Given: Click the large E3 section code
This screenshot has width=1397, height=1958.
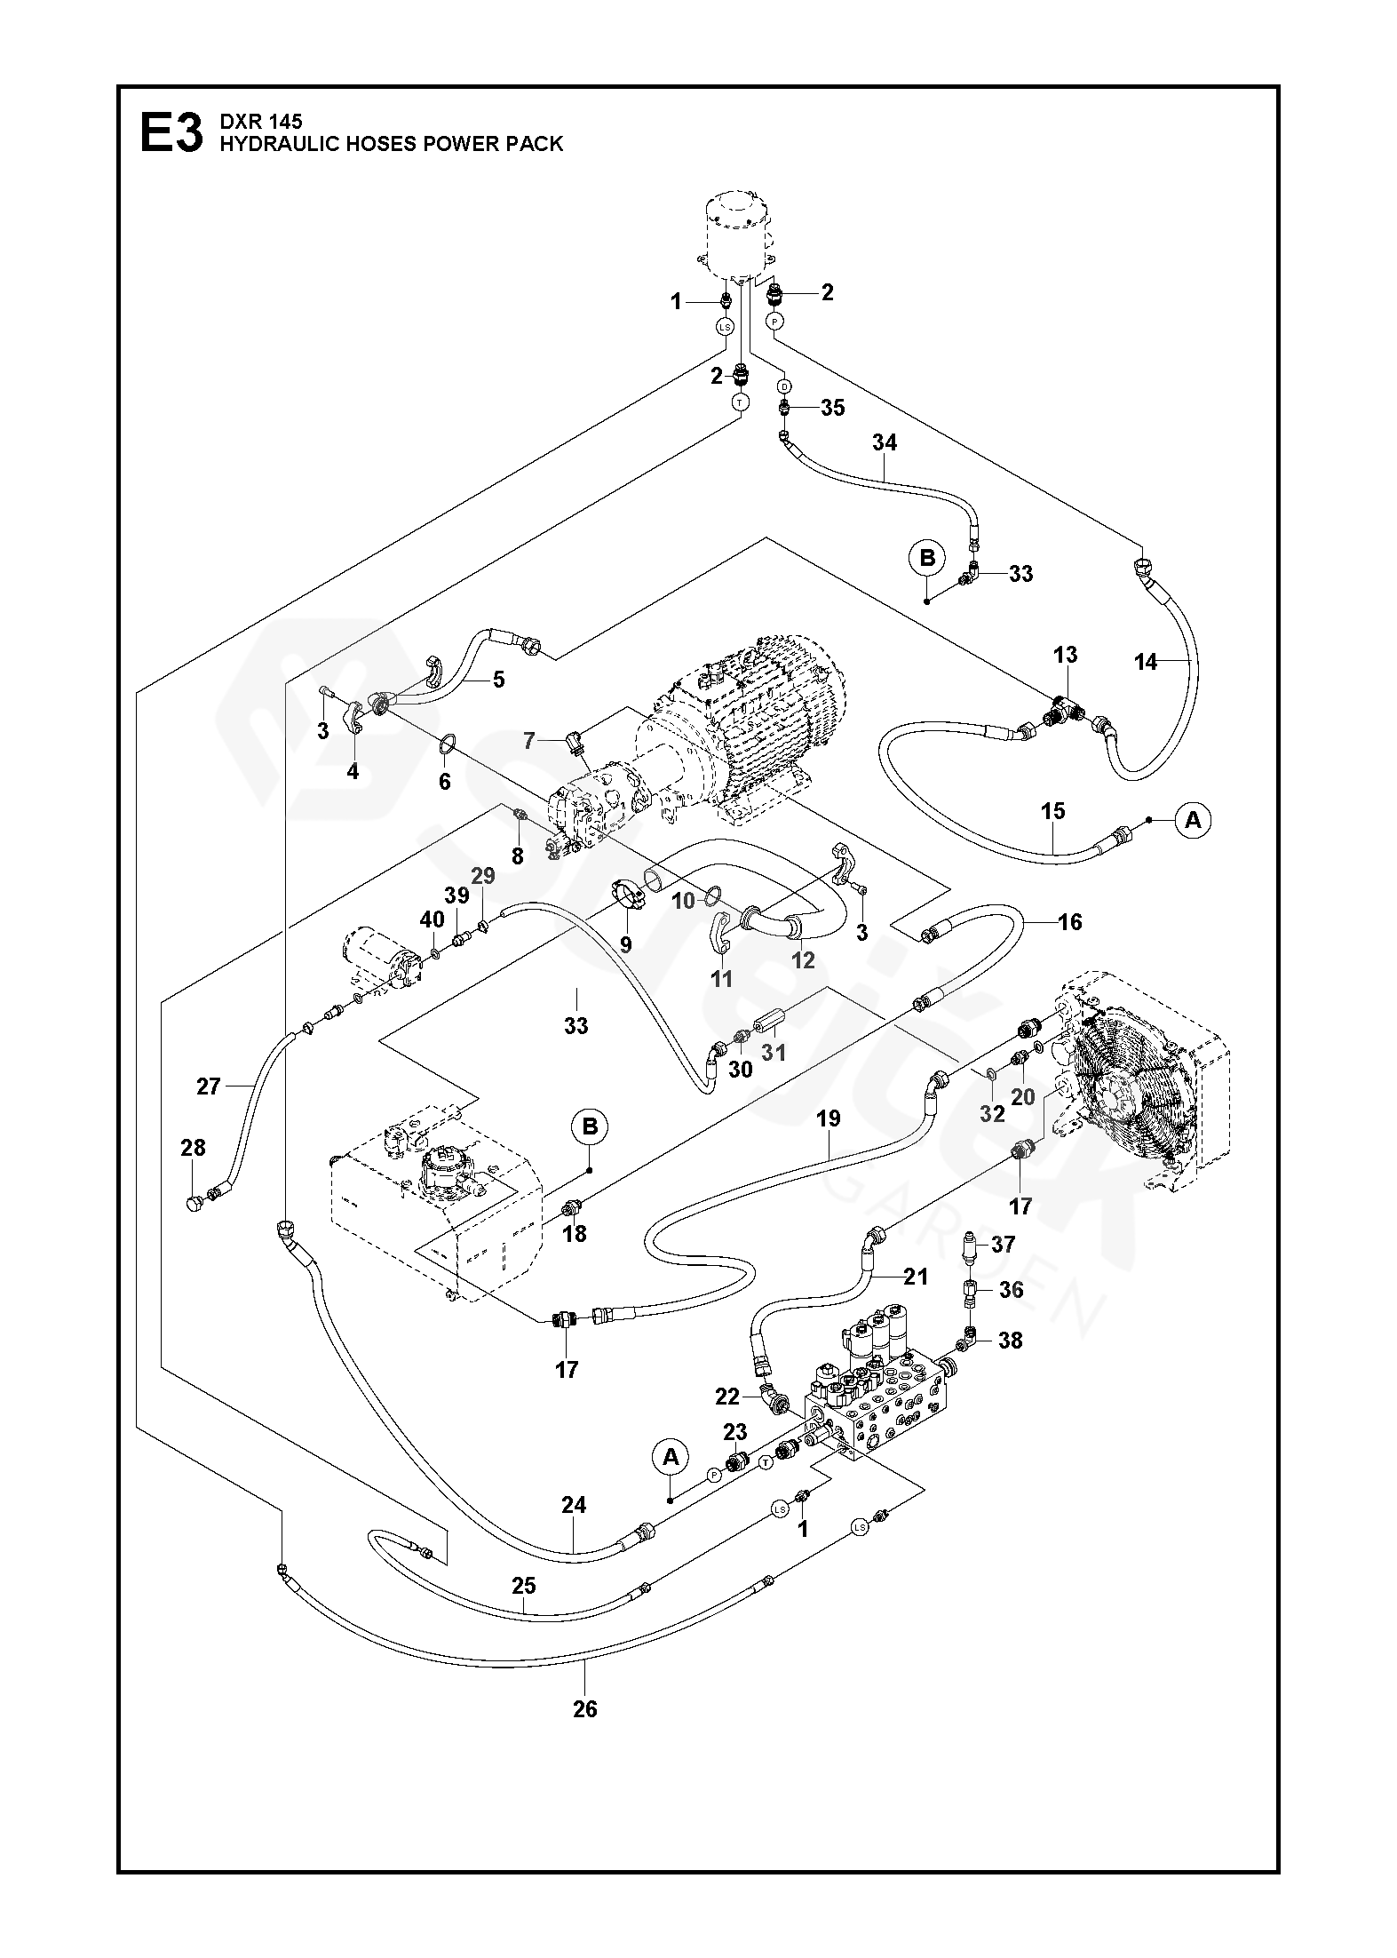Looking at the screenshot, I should pos(171,134).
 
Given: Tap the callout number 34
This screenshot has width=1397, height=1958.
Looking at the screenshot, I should pos(885,442).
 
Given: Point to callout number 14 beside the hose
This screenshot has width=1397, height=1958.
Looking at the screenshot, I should pos(1146,661).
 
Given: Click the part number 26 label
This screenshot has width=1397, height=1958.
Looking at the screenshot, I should pos(585,1708).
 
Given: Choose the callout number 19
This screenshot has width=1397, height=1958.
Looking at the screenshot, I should pos(828,1118).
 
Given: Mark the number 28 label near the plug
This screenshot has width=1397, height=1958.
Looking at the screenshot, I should pos(193,1148).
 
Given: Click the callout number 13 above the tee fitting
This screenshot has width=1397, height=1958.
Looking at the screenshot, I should pos(1065,655).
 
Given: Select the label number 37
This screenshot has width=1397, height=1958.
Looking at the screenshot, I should pos(1003,1245).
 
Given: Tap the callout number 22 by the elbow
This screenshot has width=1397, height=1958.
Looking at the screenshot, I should pos(727,1397).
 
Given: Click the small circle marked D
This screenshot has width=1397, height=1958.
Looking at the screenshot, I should pos(784,386).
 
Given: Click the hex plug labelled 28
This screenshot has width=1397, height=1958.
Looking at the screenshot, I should pos(194,1205).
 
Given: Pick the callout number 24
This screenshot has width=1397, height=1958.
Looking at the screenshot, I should pos(574,1505).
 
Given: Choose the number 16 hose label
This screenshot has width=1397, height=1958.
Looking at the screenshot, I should pos(1070,922).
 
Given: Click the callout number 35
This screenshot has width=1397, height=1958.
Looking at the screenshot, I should pos(832,408).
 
